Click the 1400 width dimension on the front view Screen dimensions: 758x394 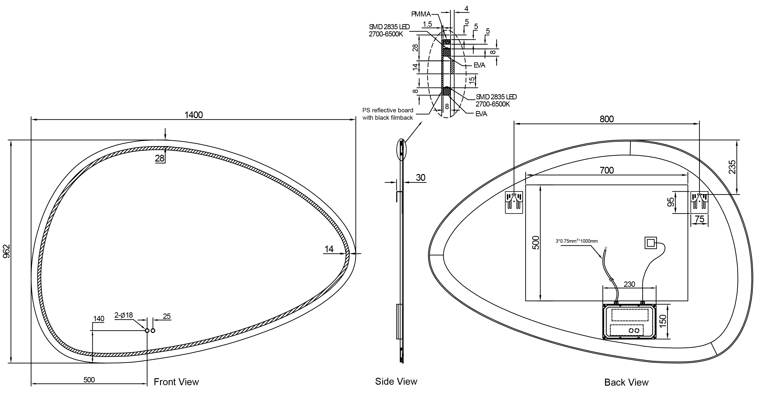coord(194,115)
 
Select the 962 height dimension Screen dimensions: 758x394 coord(6,251)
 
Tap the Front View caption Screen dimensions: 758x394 coord(176,382)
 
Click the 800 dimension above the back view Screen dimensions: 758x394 coord(607,119)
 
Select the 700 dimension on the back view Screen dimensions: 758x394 coord(607,170)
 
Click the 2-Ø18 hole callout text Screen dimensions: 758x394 coord(124,315)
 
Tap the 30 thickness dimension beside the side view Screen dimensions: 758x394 coord(420,178)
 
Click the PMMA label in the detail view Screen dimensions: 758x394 coord(421,14)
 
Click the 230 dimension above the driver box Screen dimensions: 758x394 coord(629,284)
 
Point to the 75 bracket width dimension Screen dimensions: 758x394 coord(699,219)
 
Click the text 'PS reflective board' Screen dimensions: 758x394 coord(388,110)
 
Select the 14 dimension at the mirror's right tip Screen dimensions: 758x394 coord(329,249)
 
